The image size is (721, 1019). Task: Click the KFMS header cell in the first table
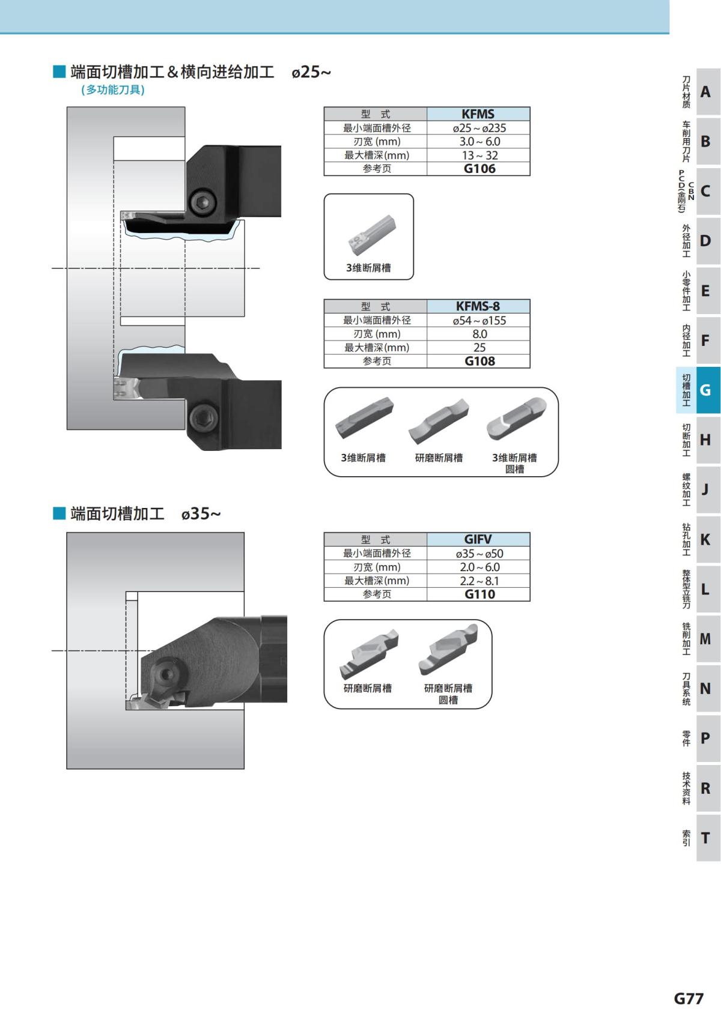478,114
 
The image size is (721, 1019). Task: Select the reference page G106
479,169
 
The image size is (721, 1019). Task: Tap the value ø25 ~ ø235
479,128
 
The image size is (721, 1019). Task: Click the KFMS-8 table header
478,306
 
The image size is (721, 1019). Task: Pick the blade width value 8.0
479,334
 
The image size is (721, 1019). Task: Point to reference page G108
479,361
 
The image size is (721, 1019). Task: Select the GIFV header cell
478,539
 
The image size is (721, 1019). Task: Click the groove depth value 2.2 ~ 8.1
479,581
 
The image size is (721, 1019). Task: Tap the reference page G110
479,594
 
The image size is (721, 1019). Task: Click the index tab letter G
705,390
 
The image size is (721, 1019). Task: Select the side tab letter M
705,639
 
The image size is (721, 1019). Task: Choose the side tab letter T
705,838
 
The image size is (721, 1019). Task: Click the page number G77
688,999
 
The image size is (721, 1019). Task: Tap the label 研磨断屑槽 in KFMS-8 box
439,458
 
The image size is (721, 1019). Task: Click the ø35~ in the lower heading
201,514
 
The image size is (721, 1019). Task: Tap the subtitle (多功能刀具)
113,90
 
